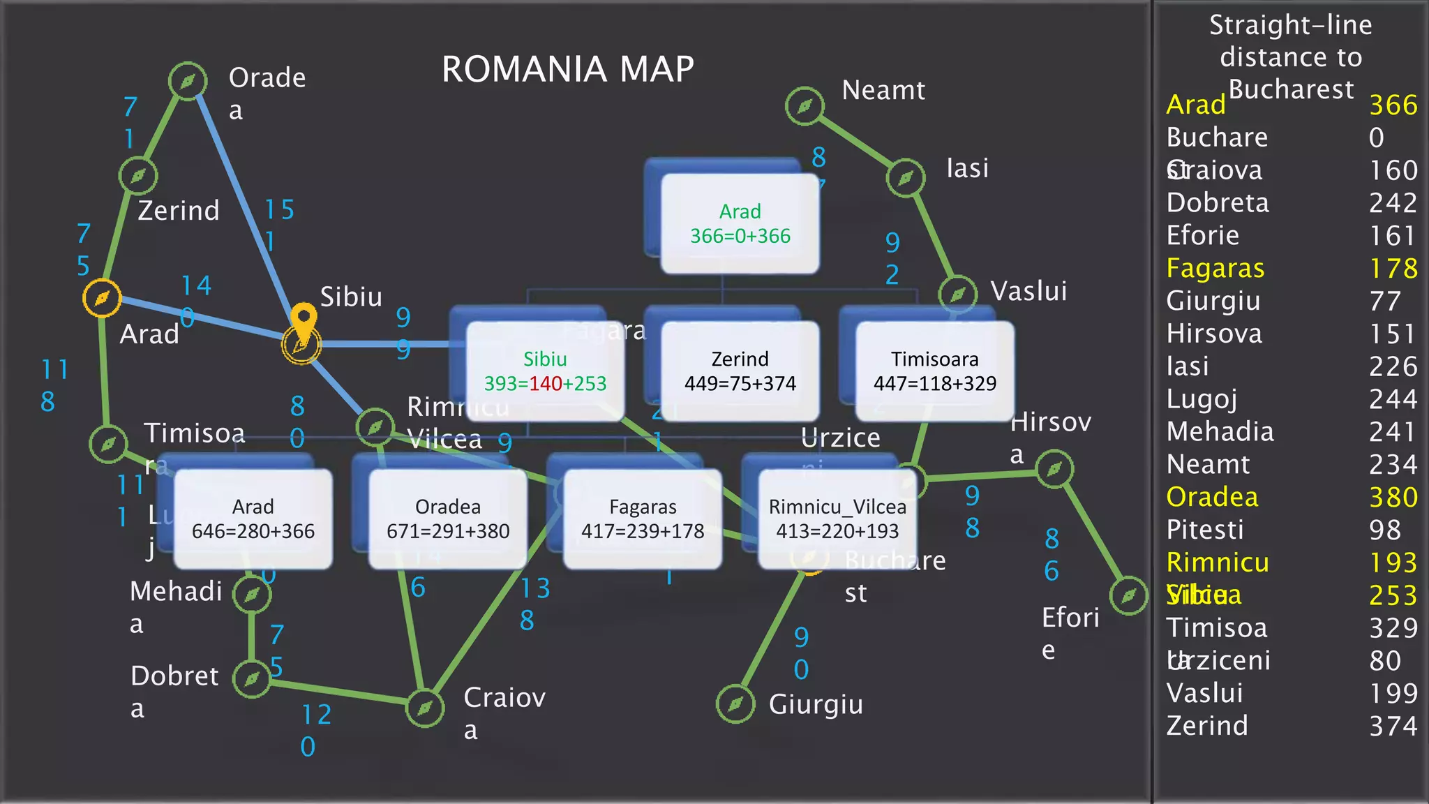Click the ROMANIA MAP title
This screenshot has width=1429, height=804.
coord(567,69)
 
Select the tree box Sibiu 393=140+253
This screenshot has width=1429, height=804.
coord(545,371)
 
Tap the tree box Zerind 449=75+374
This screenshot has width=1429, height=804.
coord(740,371)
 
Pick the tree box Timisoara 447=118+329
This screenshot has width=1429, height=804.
coord(934,371)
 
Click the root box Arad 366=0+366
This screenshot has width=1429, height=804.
coord(740,223)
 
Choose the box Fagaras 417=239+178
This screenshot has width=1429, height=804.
coord(643,519)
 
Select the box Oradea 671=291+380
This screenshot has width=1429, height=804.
coord(448,519)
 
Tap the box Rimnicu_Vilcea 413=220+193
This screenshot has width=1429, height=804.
coord(837,519)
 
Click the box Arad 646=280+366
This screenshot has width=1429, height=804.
coord(253,519)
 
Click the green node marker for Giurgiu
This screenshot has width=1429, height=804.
coord(735,704)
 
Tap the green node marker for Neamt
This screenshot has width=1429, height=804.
coord(805,106)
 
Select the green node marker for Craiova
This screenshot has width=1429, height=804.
coord(425,708)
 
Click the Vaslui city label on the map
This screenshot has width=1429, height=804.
coord(1028,291)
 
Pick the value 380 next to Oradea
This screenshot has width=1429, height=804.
coord(1393,497)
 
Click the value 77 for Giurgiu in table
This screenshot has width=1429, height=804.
coord(1385,301)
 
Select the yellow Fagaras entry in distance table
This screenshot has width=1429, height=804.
coord(1215,268)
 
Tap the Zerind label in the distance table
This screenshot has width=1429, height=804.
coord(1207,726)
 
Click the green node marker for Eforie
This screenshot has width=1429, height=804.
coord(1128,595)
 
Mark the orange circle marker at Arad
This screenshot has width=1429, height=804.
coord(102,298)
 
